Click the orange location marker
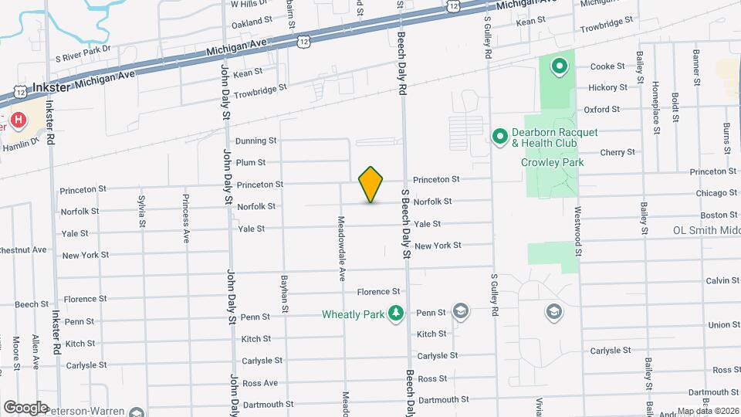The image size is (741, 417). click(370, 185)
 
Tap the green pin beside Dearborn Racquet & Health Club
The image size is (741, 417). click(499, 137)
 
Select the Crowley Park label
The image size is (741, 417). click(551, 162)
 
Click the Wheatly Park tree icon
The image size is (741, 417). click(395, 313)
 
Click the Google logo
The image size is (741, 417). click(25, 407)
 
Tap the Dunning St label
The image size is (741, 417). click(255, 141)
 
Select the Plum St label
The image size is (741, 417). click(251, 162)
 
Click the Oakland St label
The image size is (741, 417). click(252, 22)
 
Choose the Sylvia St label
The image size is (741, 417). click(142, 212)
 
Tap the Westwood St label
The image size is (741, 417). click(577, 229)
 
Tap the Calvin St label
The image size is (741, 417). click(717, 280)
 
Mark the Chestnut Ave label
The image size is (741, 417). click(22, 250)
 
